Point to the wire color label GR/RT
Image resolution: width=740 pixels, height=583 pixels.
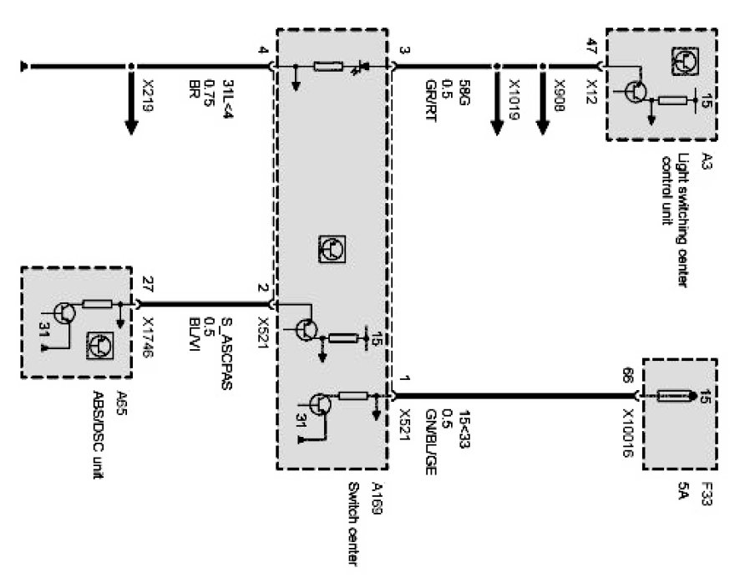[428, 97]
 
